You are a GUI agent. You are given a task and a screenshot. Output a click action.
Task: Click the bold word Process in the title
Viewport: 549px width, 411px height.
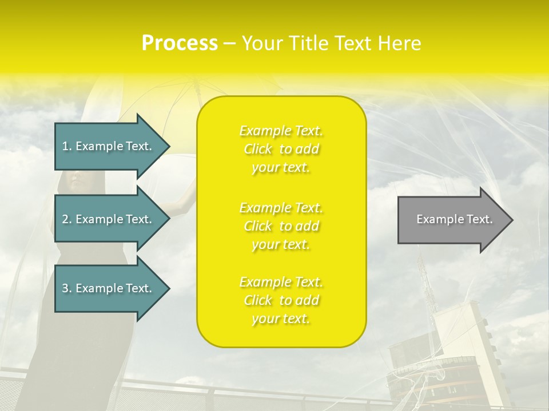pos(180,43)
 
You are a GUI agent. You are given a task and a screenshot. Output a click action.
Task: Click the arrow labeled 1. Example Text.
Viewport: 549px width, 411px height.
pos(109,146)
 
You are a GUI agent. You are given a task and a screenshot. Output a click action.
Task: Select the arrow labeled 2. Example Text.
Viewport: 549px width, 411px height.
pos(109,219)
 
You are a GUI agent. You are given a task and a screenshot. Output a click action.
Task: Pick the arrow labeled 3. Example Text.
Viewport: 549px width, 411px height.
pos(109,288)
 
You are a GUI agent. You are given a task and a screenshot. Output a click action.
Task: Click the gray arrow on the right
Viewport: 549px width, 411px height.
pos(452,220)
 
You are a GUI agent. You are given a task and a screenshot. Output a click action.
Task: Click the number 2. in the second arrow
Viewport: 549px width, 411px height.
pos(67,219)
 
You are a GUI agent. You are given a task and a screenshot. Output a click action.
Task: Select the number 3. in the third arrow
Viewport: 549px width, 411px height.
pos(67,288)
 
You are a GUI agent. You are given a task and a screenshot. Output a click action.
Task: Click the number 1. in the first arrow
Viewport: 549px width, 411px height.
pos(67,146)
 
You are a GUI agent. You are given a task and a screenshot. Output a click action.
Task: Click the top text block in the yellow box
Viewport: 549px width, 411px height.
pos(281,149)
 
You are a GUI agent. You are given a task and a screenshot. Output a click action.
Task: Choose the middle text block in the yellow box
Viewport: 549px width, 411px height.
pos(281,226)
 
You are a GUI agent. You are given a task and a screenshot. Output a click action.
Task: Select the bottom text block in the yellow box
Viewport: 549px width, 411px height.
pos(281,300)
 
